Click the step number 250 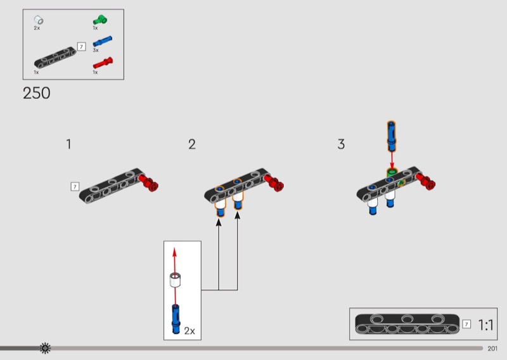(x=37, y=93)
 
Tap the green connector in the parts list (x=100, y=20)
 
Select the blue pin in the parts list (x=103, y=41)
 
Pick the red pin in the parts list (x=103, y=63)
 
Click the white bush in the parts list (x=39, y=20)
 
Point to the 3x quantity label (x=96, y=50)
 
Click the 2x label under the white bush (x=37, y=28)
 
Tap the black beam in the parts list (x=55, y=58)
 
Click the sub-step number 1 (x=68, y=145)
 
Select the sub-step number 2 (x=192, y=145)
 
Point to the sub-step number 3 (x=341, y=145)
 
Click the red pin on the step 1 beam (x=149, y=183)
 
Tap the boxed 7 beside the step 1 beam (x=75, y=186)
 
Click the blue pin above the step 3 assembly (x=391, y=136)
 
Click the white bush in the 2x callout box (x=176, y=280)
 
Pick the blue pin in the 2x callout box (x=176, y=319)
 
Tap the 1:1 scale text (x=485, y=325)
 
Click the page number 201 (x=492, y=349)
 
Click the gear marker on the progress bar (x=45, y=348)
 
